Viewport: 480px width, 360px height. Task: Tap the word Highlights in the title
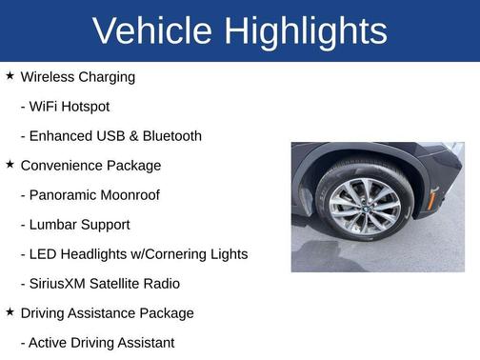point(306,30)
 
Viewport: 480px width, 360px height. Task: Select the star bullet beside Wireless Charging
point(10,75)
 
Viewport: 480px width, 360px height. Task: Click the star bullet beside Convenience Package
point(10,164)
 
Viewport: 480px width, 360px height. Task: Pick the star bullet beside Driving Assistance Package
point(10,311)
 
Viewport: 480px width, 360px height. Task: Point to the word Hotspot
point(84,106)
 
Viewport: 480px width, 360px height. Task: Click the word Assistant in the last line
point(144,342)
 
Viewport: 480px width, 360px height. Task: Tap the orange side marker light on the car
point(434,198)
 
